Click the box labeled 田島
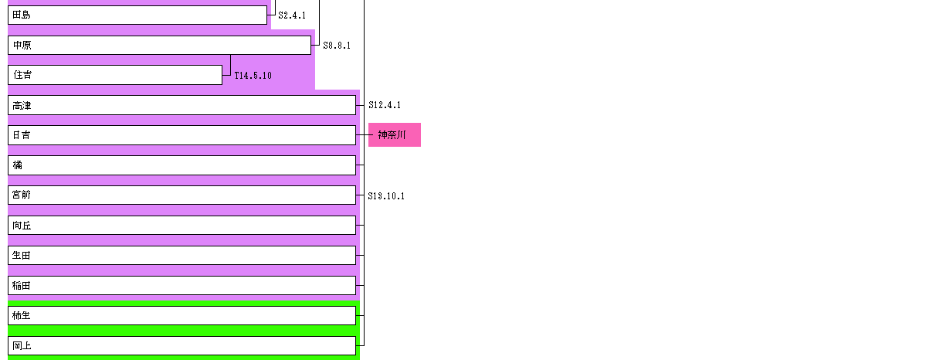coord(137,15)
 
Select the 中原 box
coord(159,45)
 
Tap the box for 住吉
coord(115,75)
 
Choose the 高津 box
coord(181,105)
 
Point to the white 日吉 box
coord(181,135)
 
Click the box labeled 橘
coord(181,165)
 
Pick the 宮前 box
coord(181,195)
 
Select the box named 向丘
coord(181,226)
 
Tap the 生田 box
coord(181,255)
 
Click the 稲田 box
coord(181,286)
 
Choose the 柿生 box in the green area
coord(181,315)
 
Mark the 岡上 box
coord(181,345)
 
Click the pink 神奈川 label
coord(394,135)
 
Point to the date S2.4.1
coord(292,15)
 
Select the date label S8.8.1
coord(337,46)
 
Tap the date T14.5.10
coord(253,76)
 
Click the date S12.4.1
coord(385,105)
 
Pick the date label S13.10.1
coord(386,196)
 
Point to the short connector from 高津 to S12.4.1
coord(360,105)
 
